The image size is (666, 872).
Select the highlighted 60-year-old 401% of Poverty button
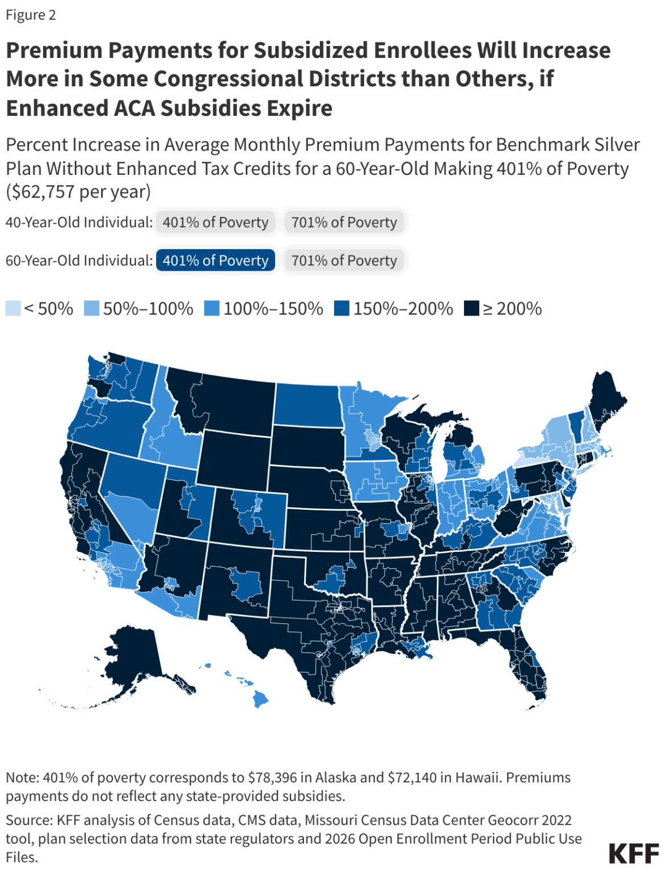[x=215, y=261]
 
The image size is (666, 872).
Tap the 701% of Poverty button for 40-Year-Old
[x=344, y=222]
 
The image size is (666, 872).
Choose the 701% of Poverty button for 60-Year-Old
[x=344, y=261]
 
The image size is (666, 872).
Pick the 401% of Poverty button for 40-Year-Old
[x=215, y=222]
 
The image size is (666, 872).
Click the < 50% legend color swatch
[x=13, y=308]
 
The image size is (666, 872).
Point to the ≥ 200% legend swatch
[x=471, y=308]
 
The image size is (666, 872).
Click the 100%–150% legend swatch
[x=212, y=308]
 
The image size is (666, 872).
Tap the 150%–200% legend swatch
[x=342, y=308]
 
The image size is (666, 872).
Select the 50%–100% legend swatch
[x=91, y=308]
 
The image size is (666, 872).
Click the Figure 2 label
[x=31, y=15]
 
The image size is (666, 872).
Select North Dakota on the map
[x=308, y=404]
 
